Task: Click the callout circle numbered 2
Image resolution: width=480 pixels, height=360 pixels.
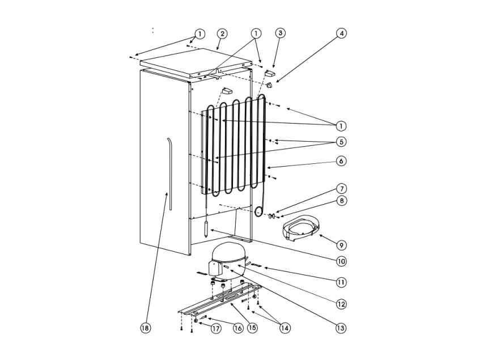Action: (x=222, y=34)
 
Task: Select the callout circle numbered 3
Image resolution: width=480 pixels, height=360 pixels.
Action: (x=280, y=33)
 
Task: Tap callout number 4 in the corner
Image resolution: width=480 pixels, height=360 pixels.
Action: (x=341, y=33)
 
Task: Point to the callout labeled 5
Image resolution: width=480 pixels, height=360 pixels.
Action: (x=341, y=141)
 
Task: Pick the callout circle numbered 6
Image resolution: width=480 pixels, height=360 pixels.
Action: (x=341, y=161)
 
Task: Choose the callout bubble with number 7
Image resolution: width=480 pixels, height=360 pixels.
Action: (x=341, y=188)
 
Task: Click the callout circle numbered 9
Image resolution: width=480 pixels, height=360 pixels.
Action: (x=341, y=245)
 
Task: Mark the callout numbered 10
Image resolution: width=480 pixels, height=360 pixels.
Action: (x=341, y=261)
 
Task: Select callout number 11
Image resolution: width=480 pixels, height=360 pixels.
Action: (x=341, y=281)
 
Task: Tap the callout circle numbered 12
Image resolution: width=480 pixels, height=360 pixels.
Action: (x=341, y=304)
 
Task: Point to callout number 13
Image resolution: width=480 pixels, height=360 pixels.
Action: (x=341, y=328)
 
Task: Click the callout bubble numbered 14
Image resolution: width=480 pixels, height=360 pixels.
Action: (x=284, y=328)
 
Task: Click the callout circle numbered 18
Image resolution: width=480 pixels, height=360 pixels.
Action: (x=146, y=328)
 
